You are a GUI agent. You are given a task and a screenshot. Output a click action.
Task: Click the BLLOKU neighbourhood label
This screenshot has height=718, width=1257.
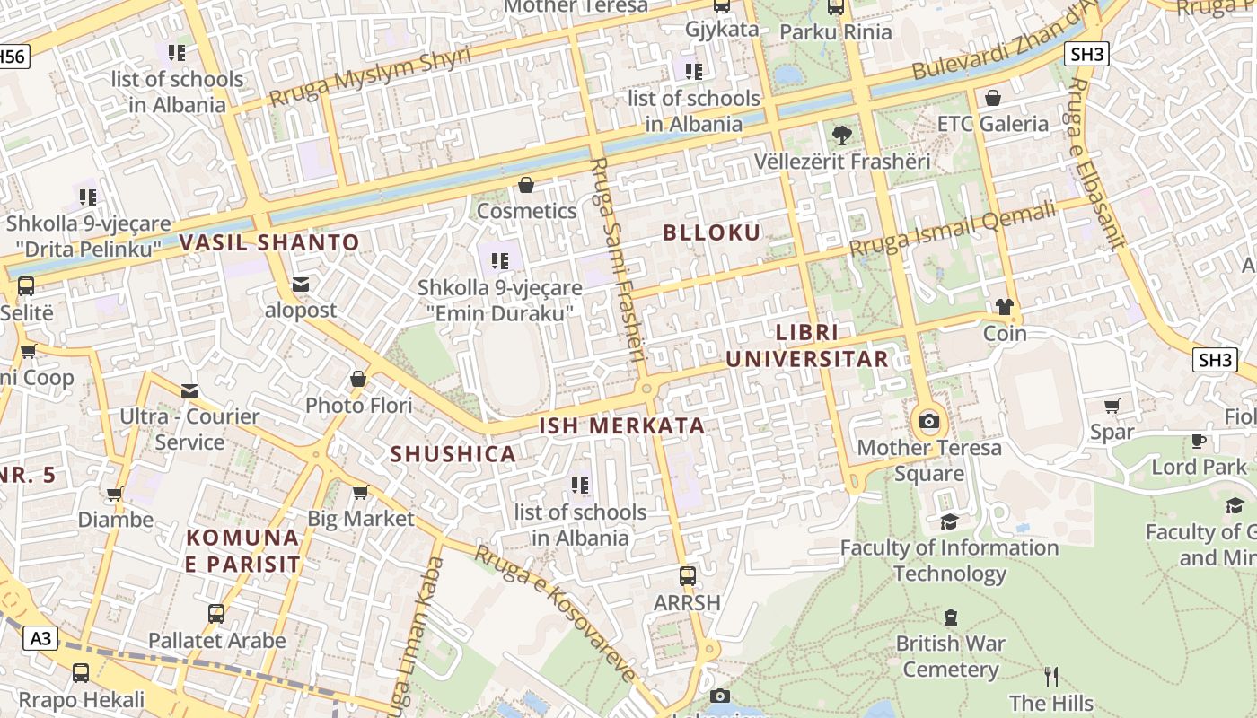point(711,232)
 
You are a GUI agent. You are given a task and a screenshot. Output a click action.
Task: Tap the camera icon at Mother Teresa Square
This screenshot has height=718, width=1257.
point(929,421)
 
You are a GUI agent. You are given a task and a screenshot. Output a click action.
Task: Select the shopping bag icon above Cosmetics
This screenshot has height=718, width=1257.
point(526,185)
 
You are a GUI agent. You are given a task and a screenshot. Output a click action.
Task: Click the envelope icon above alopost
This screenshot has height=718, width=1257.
point(300,285)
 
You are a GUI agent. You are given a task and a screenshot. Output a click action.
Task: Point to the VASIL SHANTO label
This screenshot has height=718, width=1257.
point(269,242)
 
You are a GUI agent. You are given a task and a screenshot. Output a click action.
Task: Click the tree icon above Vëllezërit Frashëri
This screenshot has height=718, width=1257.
point(842,136)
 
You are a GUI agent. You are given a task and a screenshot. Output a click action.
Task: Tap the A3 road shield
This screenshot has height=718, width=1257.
point(41,638)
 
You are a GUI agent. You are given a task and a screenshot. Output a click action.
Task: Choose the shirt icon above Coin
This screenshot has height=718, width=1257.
point(1004,307)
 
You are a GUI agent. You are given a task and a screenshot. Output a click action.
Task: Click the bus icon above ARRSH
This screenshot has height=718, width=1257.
point(687,575)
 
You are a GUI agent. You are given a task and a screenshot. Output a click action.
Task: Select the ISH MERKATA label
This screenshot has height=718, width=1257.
point(622,425)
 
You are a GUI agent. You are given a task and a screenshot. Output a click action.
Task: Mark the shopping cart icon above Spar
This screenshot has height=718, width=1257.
point(1112,406)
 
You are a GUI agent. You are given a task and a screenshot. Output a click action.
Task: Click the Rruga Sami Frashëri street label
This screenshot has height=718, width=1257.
point(620,260)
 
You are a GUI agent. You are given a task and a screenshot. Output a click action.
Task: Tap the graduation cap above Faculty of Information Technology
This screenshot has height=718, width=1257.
point(949,521)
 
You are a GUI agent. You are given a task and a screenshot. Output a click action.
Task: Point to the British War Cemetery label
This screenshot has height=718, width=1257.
point(951,656)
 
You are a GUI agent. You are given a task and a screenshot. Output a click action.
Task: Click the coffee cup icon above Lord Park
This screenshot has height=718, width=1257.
point(1199,440)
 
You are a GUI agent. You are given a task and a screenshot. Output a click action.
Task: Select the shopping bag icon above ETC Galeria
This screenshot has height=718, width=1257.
point(993,98)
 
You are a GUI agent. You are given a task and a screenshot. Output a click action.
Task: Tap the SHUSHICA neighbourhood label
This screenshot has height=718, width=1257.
point(453,454)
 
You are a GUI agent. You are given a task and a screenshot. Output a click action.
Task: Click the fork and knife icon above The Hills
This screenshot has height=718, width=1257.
point(1051,676)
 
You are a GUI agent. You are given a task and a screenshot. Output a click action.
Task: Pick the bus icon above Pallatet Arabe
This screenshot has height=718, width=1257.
point(216,614)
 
